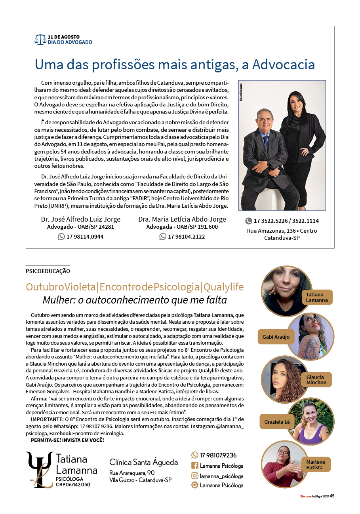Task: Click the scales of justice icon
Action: tap(40, 39)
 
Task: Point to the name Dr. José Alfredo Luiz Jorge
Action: tap(81, 219)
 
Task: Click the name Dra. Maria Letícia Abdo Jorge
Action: tap(182, 219)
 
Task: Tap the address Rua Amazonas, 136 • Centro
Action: tap(282, 231)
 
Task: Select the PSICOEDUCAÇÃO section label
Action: tap(48, 271)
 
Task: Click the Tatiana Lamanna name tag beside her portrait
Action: tap(317, 297)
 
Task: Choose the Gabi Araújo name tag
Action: tap(276, 337)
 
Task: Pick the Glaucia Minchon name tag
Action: tap(316, 380)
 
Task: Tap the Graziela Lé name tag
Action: tap(277, 422)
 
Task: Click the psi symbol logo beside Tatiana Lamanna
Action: tap(39, 470)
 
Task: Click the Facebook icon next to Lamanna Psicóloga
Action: tap(195, 466)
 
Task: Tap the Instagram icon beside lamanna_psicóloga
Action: tap(195, 476)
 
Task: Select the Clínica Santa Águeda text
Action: tap(143, 462)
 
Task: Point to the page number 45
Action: tap(332, 496)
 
